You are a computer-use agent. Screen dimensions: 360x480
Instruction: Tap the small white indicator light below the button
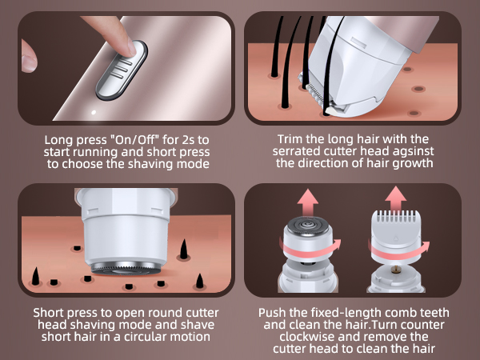click(x=95, y=110)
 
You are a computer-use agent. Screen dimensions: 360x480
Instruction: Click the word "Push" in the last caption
click(x=272, y=312)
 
